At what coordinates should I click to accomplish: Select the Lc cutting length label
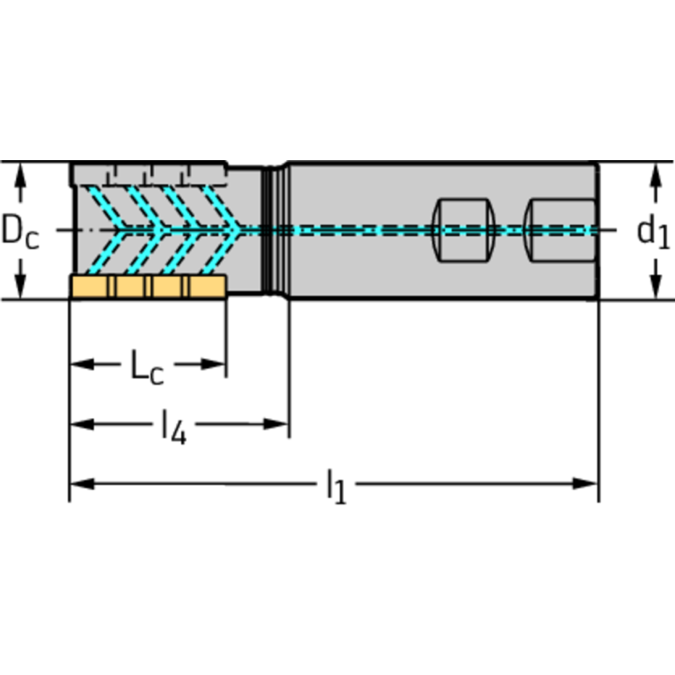click(146, 366)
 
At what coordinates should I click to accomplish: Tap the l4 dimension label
click(173, 427)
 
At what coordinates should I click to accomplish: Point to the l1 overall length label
click(335, 485)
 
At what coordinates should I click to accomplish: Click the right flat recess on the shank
click(560, 230)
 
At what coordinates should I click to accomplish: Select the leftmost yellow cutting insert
click(90, 287)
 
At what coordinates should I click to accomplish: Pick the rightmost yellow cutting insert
click(207, 287)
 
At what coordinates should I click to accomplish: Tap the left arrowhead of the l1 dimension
click(80, 483)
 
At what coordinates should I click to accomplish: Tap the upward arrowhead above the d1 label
click(655, 173)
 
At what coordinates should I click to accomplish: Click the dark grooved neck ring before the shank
click(277, 231)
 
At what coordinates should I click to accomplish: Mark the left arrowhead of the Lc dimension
click(80, 363)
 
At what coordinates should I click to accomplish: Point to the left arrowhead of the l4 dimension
click(80, 424)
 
